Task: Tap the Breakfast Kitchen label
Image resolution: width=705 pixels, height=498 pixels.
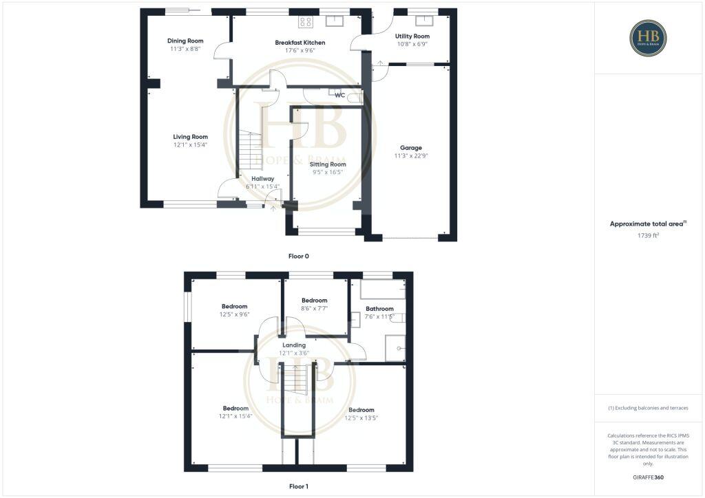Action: (x=300, y=43)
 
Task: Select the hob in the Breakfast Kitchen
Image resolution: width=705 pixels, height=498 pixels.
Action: (x=306, y=22)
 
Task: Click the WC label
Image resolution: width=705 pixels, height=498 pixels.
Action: (x=339, y=96)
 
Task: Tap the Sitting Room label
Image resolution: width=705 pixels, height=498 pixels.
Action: (x=328, y=164)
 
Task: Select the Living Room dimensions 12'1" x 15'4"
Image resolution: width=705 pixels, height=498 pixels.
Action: (x=190, y=145)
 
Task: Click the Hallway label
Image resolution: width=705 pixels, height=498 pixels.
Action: (x=262, y=179)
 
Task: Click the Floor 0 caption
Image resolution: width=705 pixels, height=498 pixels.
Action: (x=298, y=256)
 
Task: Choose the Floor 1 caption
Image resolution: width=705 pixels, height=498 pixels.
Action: (x=298, y=486)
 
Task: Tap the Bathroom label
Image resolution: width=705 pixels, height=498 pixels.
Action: (x=379, y=309)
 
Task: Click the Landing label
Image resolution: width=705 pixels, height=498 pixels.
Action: (x=294, y=345)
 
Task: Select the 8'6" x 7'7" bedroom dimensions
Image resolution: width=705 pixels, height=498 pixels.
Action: (x=314, y=309)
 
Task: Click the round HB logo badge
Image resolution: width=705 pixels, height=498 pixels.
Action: (x=648, y=38)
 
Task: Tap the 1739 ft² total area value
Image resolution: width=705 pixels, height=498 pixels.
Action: (x=647, y=236)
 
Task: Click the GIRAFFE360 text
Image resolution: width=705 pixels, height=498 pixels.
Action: (x=647, y=477)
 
